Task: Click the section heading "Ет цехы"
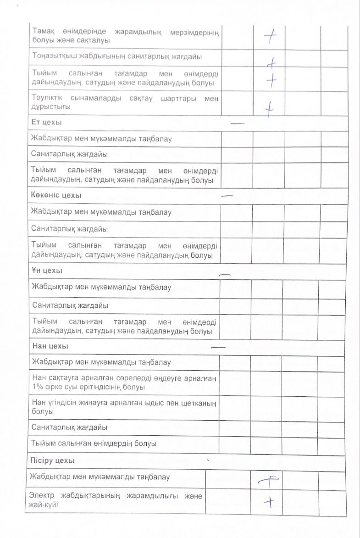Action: click(46, 122)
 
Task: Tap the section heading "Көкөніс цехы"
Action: click(56, 195)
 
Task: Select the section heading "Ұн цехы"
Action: click(47, 271)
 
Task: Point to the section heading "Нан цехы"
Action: click(50, 346)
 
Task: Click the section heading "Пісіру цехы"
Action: click(53, 460)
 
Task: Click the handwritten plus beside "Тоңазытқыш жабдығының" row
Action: click(272, 62)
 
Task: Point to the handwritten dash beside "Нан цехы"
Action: click(218, 347)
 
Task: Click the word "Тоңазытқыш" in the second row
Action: click(55, 57)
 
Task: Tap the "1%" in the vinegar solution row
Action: click(39, 387)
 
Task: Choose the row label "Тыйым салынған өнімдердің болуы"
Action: click(94, 444)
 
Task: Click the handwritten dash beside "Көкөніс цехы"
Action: click(227, 196)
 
